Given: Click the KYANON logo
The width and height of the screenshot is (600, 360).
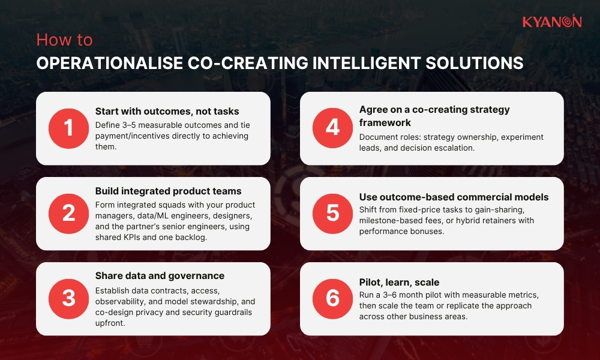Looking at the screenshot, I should [551, 22].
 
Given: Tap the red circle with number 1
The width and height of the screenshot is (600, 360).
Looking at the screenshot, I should [68, 129].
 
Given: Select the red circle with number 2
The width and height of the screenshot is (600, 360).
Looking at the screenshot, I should [68, 214].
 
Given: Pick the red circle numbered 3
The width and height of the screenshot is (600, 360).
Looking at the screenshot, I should [68, 299].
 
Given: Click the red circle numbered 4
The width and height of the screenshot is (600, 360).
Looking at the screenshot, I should [332, 129].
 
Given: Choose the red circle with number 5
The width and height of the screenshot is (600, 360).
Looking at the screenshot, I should [332, 214].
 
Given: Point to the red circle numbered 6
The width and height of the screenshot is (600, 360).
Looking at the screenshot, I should [332, 299].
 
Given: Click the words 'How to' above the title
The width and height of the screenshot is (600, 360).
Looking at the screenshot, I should [64, 40].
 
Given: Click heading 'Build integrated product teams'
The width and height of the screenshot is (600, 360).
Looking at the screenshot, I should [168, 191].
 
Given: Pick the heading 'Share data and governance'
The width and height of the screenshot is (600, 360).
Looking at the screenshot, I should [160, 276].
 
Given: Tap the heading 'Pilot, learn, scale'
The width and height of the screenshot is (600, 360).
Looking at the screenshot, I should [399, 281].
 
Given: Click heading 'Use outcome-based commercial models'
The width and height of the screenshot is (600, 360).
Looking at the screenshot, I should [454, 197].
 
